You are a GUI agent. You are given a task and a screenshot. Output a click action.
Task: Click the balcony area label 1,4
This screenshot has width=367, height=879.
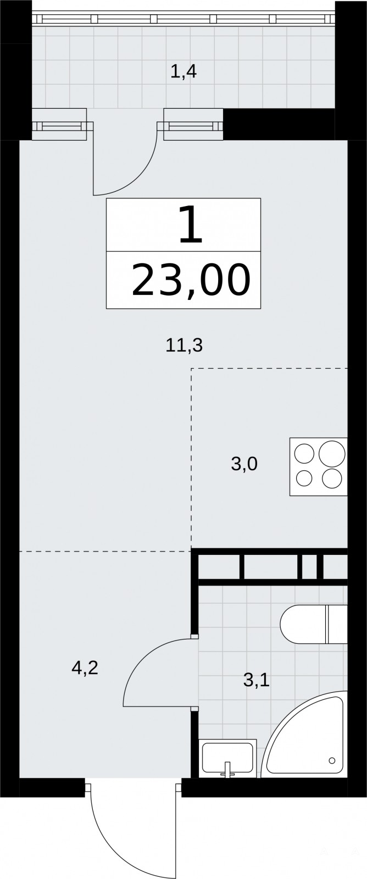(183, 72)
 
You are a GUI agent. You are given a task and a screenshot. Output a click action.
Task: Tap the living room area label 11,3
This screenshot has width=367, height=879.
(183, 346)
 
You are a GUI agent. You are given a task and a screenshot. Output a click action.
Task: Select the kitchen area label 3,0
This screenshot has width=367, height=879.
(244, 464)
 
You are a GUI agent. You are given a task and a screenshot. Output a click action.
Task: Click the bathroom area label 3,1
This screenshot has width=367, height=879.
(257, 680)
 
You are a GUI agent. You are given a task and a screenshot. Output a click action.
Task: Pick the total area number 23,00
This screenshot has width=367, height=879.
(191, 280)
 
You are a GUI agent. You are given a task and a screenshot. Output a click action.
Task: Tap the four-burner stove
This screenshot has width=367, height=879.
(318, 466)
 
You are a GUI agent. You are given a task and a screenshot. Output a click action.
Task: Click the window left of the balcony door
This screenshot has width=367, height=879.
(62, 126)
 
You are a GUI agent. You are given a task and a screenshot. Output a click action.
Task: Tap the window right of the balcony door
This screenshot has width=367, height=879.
(190, 126)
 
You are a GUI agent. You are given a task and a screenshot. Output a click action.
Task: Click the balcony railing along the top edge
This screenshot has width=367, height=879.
(183, 19)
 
